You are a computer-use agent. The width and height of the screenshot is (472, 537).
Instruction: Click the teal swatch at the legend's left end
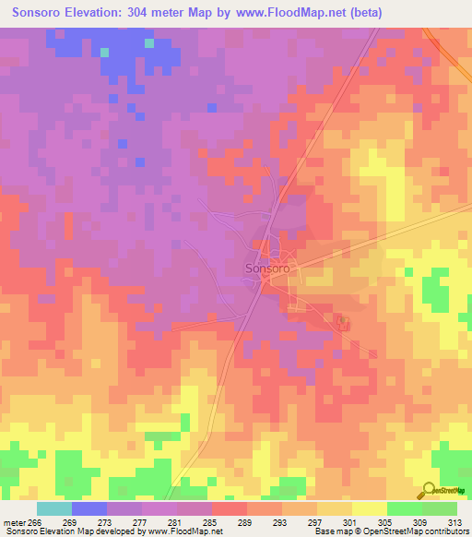pos(54,508)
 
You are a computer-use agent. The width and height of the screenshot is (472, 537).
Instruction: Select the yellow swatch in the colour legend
pos(369,508)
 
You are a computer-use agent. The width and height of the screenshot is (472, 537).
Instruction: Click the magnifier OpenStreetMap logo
pos(431,492)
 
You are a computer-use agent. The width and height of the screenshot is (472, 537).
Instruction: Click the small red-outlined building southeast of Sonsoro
pos(344,322)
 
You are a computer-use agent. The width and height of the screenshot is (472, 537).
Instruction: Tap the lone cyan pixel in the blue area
pos(104,52)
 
